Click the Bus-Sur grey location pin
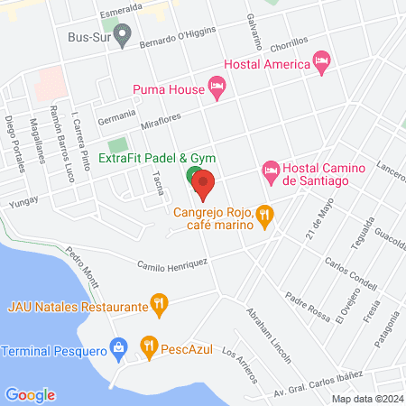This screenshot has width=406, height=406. [124, 37]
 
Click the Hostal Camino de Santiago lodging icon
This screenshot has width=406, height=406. [270, 170]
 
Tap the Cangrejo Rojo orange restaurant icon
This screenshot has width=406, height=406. [263, 215]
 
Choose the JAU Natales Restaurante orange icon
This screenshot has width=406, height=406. [160, 307]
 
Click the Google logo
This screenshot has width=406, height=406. [30, 394]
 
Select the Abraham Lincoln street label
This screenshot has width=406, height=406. [268, 335]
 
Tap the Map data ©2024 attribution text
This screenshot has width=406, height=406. [366, 398]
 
